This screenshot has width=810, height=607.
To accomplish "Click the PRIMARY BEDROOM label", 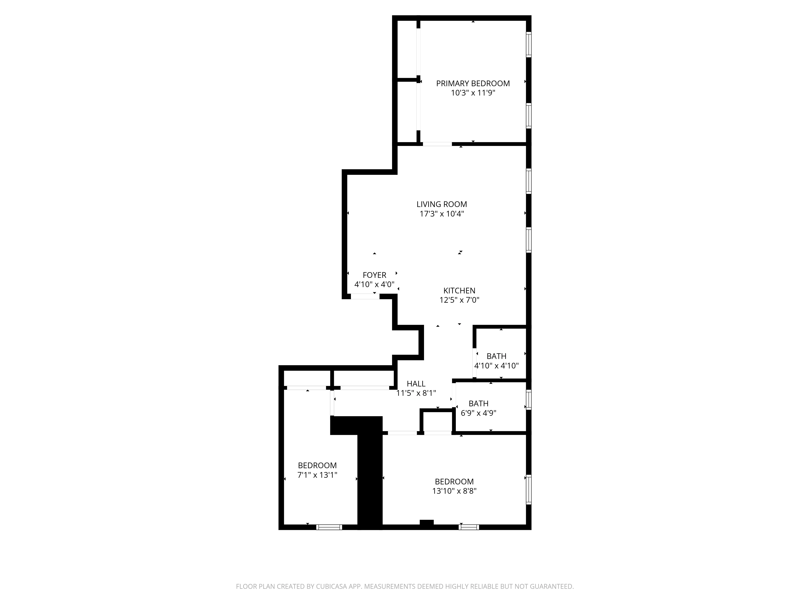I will click(473, 83).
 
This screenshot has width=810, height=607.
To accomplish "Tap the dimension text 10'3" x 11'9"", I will click(473, 93).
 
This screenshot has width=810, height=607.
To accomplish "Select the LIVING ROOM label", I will click(442, 204).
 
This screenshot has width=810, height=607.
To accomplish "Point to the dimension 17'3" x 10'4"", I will click(442, 214).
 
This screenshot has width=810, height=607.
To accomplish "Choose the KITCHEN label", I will click(459, 291).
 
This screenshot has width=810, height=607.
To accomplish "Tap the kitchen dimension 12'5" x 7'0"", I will click(459, 300).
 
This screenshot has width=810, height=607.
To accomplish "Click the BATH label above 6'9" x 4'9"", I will click(479, 404).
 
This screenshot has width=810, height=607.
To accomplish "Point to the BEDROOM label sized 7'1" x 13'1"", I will click(317, 465).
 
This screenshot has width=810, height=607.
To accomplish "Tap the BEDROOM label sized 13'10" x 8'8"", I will click(454, 482).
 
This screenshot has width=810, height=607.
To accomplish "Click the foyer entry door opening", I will click(365, 296).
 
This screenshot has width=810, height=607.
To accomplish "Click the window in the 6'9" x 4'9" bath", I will click(528, 400).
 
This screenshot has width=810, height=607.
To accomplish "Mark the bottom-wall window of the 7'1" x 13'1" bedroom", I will click(329, 527).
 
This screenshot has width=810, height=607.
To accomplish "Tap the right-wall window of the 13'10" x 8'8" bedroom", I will click(528, 489).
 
